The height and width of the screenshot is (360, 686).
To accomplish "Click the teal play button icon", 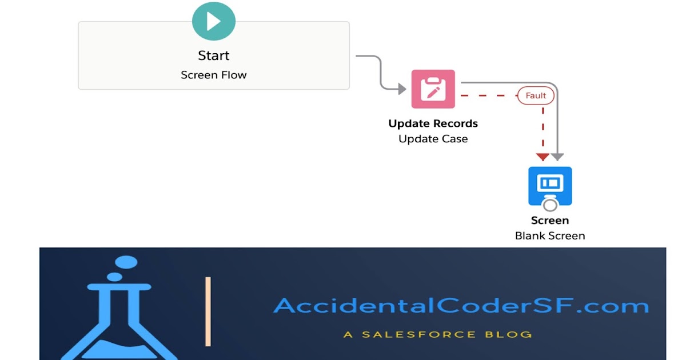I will coord(214,21).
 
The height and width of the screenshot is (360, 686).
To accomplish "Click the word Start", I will coord(214,55).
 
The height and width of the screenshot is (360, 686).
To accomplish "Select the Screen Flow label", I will coord(214,75).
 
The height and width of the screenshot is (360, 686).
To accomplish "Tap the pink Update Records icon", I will coord(433,89).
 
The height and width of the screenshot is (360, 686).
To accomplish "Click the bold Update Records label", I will coord(433,123).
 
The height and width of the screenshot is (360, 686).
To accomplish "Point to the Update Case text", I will coord(433,139).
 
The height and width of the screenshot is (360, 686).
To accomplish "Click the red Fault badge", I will coord(536,95).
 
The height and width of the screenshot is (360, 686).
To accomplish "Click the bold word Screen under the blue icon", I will coord(550,221).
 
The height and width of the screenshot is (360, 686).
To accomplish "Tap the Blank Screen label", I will coord(550,235).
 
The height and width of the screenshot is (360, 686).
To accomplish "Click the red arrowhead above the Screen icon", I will coord(543,157).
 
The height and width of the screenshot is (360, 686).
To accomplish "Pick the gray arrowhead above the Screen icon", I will coord(557,157).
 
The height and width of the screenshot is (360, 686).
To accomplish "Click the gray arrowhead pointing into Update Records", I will coord(401,89).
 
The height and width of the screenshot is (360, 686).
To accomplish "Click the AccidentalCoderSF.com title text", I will coord(461,306).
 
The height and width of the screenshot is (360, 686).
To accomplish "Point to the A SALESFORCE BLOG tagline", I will coord(438,334).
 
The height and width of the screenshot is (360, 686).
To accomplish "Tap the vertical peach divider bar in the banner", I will coord(208,311).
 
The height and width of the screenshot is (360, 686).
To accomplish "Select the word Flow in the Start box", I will coord(234,75).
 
